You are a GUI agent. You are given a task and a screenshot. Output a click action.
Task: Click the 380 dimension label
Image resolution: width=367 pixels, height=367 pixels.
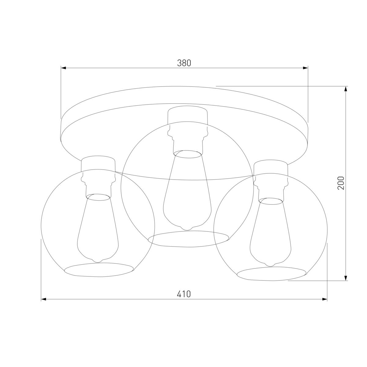[x=184, y=63]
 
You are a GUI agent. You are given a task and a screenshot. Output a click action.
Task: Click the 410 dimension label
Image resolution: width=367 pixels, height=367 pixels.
[x=183, y=294]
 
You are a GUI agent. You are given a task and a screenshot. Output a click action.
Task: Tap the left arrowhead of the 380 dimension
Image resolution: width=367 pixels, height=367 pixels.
[x=63, y=68]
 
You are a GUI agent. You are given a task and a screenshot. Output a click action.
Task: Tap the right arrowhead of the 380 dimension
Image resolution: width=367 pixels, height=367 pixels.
[x=306, y=68]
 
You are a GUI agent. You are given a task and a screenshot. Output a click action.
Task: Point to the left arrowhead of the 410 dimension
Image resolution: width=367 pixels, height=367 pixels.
[x=44, y=299]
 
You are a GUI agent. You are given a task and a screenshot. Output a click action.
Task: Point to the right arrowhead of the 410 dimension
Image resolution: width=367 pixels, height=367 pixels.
[x=325, y=299]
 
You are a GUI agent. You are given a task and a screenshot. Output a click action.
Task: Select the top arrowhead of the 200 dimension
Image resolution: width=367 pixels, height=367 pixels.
[x=346, y=89]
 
